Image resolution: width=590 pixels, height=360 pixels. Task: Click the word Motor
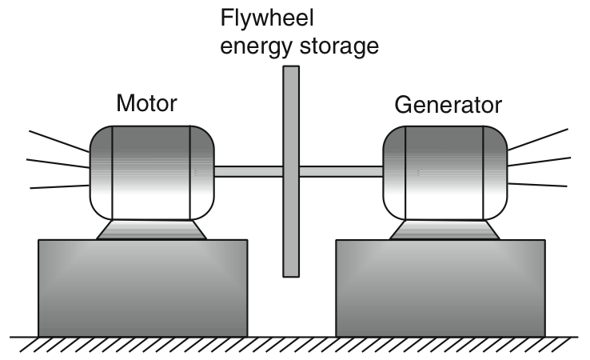click(x=146, y=103)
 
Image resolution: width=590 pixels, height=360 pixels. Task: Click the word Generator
click(x=448, y=105)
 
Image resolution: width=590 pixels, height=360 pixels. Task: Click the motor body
click(x=152, y=171)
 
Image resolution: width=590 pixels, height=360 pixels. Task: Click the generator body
click(x=445, y=171)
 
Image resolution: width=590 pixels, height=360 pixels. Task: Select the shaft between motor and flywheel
click(x=249, y=171)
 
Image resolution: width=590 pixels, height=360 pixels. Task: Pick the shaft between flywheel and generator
click(x=341, y=171)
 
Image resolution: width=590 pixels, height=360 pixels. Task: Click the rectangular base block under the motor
click(x=142, y=287)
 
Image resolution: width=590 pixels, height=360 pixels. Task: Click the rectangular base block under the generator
click(x=441, y=287)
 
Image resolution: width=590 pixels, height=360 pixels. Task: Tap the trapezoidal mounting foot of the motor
click(x=152, y=230)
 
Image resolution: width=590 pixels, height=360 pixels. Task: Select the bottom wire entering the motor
click(x=60, y=187)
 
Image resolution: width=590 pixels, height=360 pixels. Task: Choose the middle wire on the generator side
click(x=539, y=162)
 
